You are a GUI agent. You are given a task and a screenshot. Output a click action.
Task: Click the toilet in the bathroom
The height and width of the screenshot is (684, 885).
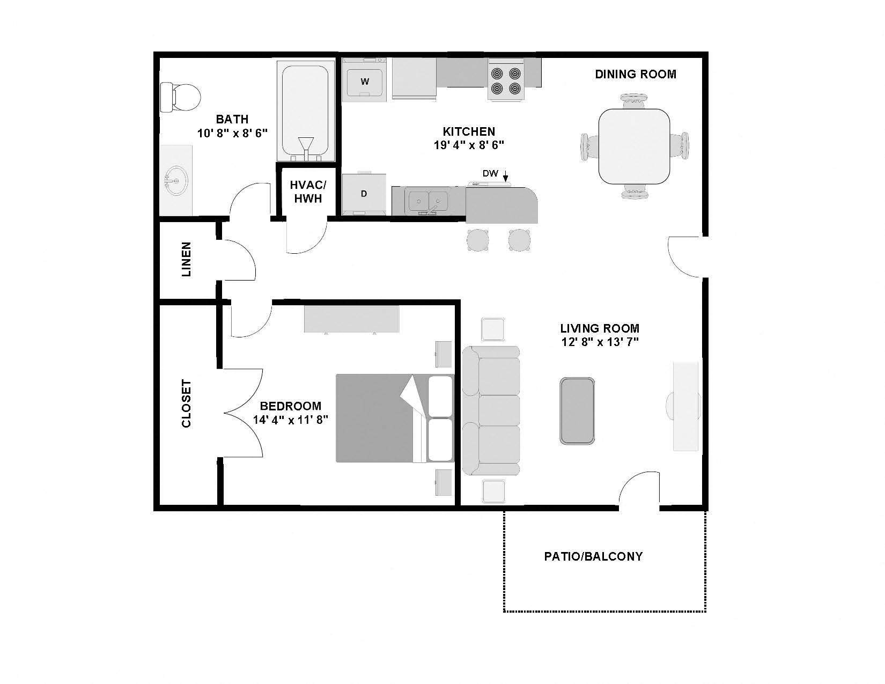point(181,97)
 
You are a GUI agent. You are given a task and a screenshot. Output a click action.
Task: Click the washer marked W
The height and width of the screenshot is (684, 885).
point(364,80)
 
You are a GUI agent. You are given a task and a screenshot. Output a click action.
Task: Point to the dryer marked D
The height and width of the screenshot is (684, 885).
point(364,194)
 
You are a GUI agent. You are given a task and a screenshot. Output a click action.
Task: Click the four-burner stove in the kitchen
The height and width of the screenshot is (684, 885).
point(506,80)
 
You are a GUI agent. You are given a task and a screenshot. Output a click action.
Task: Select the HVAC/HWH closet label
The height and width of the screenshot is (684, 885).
point(307,192)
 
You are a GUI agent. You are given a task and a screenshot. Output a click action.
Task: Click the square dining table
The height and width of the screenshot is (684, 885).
point(635,146)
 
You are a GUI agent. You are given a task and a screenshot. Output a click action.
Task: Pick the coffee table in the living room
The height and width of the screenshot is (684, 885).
point(577,411)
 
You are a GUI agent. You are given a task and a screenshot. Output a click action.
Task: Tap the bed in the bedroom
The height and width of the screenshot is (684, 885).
point(394,418)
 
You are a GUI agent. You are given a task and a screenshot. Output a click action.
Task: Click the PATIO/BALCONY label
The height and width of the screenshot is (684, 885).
point(593,556)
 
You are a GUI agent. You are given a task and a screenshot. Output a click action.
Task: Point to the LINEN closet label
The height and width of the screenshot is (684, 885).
point(186,260)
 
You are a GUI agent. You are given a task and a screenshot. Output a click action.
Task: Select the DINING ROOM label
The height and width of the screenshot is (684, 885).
point(636,74)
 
